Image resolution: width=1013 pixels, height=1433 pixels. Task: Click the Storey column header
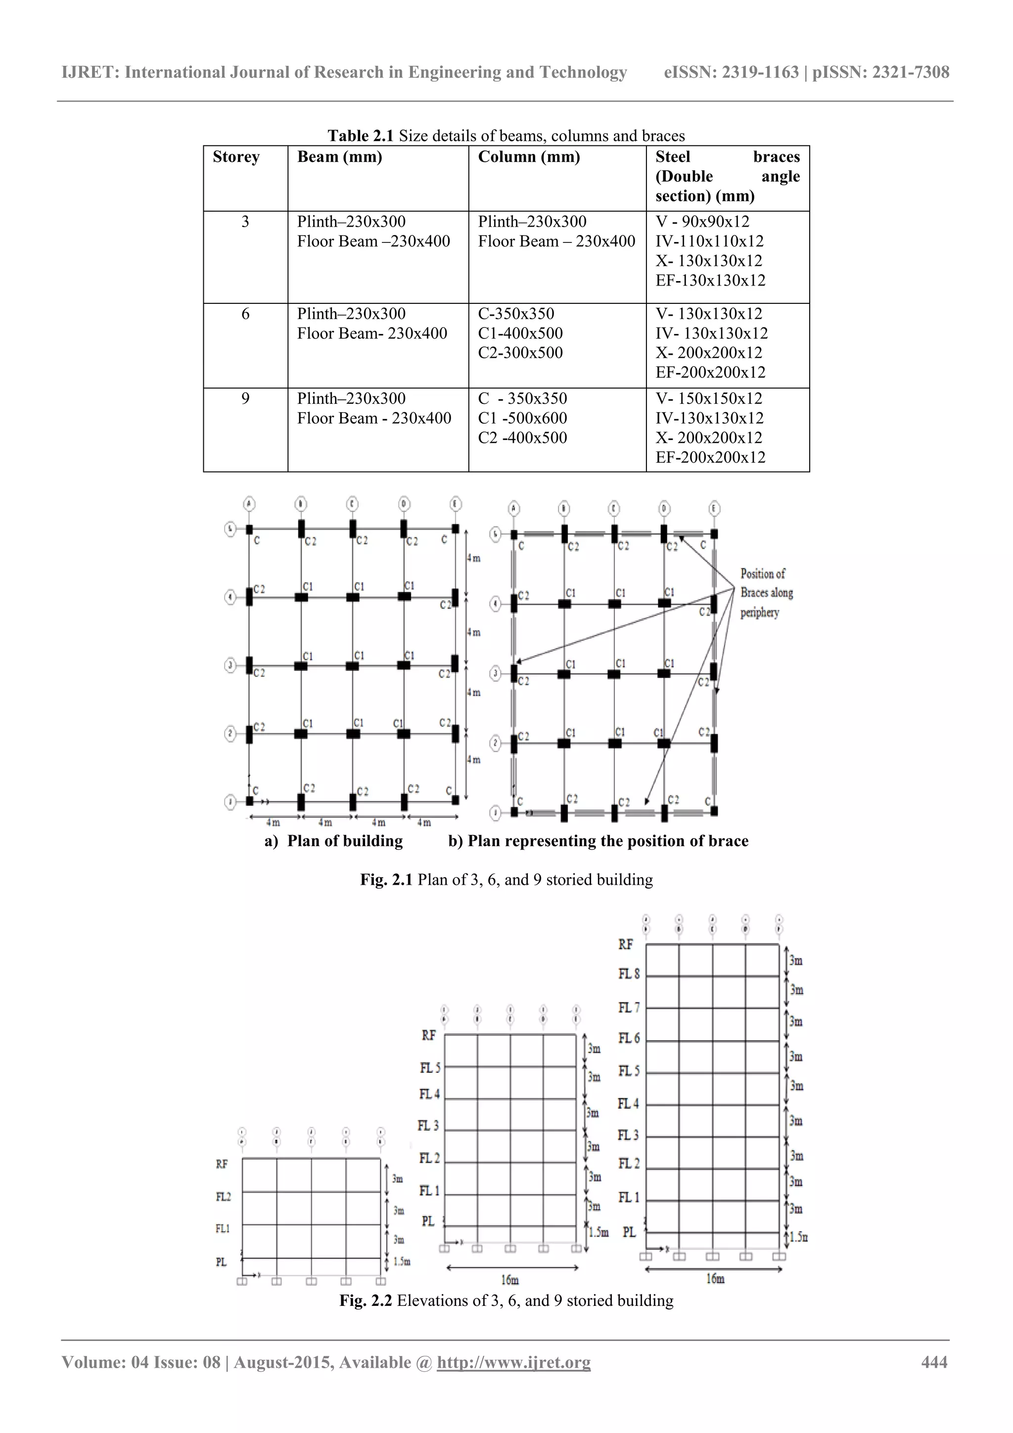point(236,157)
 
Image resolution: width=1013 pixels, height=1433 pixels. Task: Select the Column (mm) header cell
point(528,157)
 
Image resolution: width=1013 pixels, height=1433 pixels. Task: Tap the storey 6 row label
point(245,314)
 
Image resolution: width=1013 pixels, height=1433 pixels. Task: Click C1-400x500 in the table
point(520,334)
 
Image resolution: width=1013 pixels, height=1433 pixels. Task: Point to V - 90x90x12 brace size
point(702,222)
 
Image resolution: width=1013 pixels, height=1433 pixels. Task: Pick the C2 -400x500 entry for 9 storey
point(522,437)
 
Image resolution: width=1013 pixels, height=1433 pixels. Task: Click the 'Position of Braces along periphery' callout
point(766,593)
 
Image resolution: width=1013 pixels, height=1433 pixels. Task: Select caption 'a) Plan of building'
point(334,841)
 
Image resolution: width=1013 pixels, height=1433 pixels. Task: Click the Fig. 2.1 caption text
point(506,879)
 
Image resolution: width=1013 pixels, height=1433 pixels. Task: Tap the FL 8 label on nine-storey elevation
point(629,974)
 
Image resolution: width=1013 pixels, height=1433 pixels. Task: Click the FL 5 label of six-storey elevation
point(430,1068)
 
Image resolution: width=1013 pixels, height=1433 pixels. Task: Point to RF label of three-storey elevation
point(222,1164)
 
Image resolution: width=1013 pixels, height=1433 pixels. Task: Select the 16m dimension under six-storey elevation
point(509,1280)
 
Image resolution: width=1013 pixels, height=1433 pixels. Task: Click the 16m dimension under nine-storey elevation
point(715,1279)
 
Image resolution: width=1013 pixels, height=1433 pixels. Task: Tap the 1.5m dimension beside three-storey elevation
point(401,1261)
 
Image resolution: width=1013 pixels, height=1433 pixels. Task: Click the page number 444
point(934,1362)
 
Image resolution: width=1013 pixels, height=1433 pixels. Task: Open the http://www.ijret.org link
point(513,1362)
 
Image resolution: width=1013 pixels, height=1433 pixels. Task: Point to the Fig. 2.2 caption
point(506,1301)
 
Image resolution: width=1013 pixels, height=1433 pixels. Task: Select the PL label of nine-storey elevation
point(629,1232)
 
